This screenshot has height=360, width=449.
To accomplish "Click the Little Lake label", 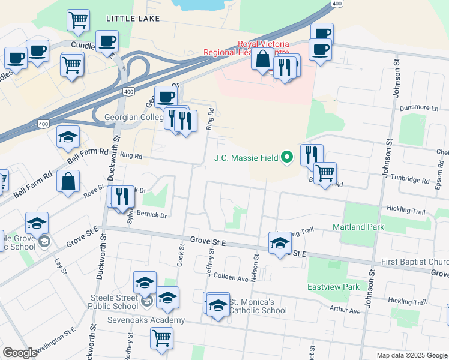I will pos(133,19).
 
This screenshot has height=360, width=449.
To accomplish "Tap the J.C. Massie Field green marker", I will pos(288,158).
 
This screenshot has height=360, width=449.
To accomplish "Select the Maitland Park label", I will pos(358,227).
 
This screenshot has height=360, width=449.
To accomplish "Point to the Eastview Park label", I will pos(334,287).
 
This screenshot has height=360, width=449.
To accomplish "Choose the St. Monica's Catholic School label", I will pos(252,306).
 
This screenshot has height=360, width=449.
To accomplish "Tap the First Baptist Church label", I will pos(415,262).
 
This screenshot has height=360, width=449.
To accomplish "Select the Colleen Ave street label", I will pos(232,278).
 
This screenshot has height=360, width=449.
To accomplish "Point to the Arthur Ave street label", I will pos(345,311).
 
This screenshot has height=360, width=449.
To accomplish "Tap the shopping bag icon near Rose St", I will pos(69,181).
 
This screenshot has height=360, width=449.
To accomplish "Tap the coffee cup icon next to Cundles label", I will pos(107,41).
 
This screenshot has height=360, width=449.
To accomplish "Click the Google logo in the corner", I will pos(20,353).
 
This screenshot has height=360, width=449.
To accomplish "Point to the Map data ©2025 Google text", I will pos(411,355).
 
